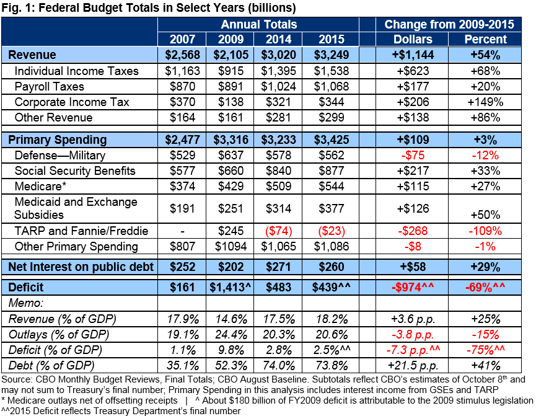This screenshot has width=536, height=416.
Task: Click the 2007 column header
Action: point(179,39)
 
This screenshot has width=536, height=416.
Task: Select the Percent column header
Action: point(485,39)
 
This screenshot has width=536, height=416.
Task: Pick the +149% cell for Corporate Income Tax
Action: point(485,102)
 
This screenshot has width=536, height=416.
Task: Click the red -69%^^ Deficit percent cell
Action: point(485,288)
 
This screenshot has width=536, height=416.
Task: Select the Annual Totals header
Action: point(259,24)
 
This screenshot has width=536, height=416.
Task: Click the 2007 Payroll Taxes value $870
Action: point(179,87)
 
